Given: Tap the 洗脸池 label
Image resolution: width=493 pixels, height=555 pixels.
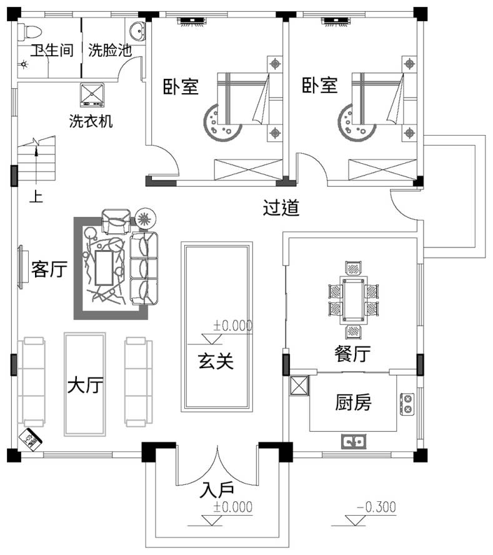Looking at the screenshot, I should (109, 51).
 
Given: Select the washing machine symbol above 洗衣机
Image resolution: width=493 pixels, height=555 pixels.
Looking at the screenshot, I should (91, 94).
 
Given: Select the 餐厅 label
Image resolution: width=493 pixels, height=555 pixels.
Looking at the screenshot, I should (352, 354).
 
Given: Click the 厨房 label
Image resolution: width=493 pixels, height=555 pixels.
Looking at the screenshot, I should (353, 403).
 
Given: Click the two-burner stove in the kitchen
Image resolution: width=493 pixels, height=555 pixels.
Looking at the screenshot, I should (407, 404).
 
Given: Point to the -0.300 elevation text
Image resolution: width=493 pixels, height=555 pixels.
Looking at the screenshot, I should (376, 507).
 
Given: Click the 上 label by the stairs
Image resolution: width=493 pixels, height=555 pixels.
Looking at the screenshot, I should (37, 197).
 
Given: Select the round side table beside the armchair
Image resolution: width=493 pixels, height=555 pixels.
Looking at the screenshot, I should (145, 219).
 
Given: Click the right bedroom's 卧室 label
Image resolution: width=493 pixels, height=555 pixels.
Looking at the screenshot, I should (319, 86).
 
